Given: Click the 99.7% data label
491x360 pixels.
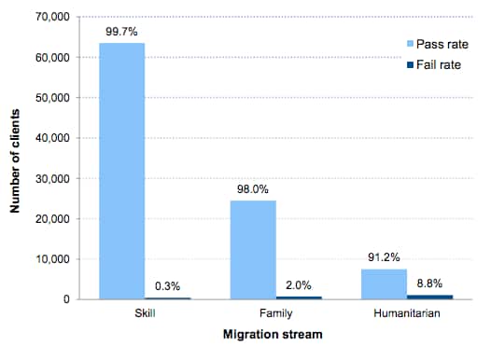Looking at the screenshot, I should tap(123, 31).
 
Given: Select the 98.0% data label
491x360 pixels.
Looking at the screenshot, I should tap(254, 188).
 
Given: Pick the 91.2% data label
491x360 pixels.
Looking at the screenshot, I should tap(385, 256).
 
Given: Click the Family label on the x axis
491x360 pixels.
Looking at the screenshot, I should tap(276, 314).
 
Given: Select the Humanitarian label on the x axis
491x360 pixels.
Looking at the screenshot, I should tap(407, 314).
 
